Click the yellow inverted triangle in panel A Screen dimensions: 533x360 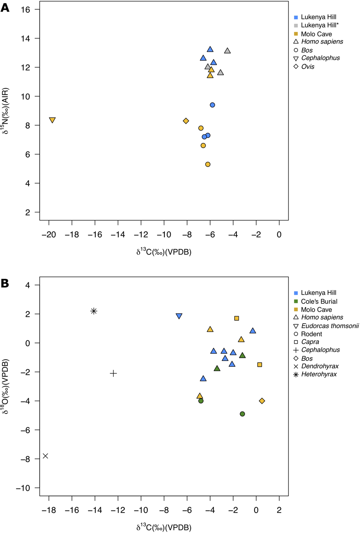tap(52, 120)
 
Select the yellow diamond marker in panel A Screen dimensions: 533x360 tap(186, 121)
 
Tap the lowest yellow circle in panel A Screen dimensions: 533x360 tap(208, 164)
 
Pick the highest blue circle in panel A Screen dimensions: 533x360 tap(212, 105)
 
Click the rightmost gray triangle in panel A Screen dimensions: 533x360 tap(228, 51)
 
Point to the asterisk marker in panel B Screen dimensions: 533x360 tap(94, 311)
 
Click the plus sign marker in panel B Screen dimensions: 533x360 tap(114, 373)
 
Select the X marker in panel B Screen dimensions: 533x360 tap(45, 456)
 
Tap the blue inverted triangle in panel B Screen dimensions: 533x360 tap(179, 316)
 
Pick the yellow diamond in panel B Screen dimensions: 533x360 tap(262, 401)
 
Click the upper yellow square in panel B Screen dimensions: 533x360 tap(236, 318)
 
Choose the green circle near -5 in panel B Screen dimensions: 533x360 tap(242, 414)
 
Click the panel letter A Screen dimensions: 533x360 tap(5, 8)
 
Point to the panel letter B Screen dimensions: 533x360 tap(5, 283)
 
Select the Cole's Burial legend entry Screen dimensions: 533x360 tap(319, 302)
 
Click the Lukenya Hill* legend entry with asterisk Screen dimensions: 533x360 tap(320, 25)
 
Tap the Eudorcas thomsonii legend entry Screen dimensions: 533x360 tap(330, 326)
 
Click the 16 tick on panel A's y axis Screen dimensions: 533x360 tap(25, 10)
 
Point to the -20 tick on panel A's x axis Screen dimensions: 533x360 tap(49, 235)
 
